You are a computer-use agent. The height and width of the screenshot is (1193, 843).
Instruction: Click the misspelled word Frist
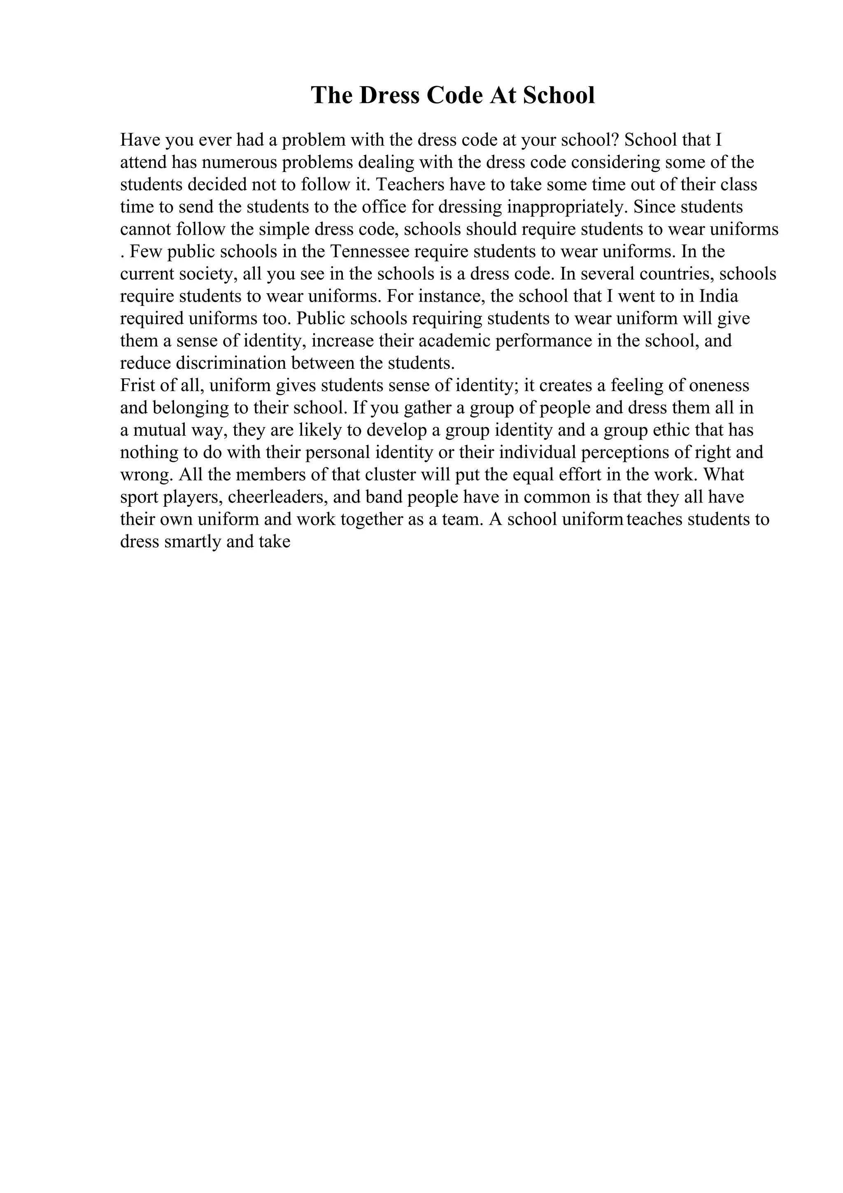pyautogui.click(x=136, y=386)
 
